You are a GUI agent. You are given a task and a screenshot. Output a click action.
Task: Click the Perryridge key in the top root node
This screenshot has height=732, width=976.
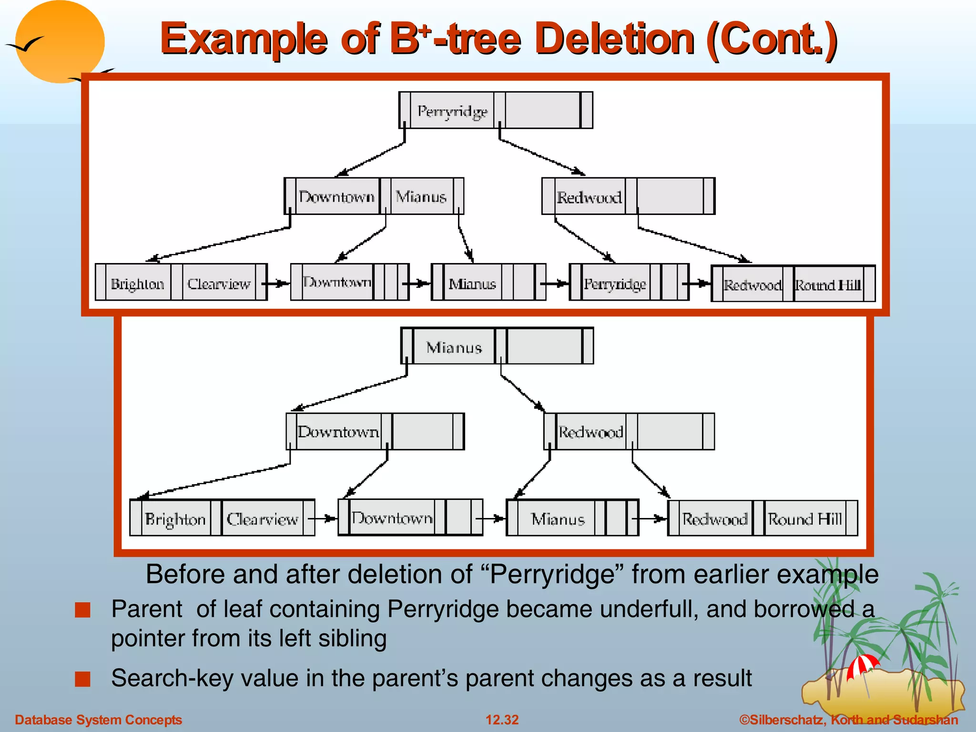[452, 111]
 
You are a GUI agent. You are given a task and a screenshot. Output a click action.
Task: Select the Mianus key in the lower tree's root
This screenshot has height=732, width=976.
[454, 347]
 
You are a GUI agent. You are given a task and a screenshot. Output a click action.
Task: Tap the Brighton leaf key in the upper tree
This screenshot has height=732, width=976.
[137, 284]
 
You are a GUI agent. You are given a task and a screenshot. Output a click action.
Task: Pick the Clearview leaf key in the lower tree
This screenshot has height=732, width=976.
[262, 519]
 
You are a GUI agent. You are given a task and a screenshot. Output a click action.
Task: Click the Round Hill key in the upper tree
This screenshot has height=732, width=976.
[828, 285]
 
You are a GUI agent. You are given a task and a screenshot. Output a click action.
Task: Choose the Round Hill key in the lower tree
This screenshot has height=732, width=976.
[804, 519]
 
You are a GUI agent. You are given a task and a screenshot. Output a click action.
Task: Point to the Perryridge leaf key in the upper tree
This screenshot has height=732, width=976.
[615, 284]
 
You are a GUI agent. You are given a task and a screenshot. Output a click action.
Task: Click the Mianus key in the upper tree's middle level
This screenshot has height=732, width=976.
[421, 197]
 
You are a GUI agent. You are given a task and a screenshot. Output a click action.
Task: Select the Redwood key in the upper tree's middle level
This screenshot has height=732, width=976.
[589, 197]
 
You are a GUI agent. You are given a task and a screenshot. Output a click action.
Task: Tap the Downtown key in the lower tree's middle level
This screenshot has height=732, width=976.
[338, 432]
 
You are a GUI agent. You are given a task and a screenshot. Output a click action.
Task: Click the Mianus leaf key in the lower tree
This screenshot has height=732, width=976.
[558, 519]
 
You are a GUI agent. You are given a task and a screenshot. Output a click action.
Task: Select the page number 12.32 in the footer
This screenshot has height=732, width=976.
[502, 720]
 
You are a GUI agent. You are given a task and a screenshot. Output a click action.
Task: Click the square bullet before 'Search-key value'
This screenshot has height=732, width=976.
[82, 679]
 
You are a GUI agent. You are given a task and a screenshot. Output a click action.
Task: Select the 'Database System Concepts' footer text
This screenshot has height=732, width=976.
[98, 720]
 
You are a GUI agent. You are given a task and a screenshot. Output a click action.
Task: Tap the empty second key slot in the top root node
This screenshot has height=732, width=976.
[542, 111]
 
